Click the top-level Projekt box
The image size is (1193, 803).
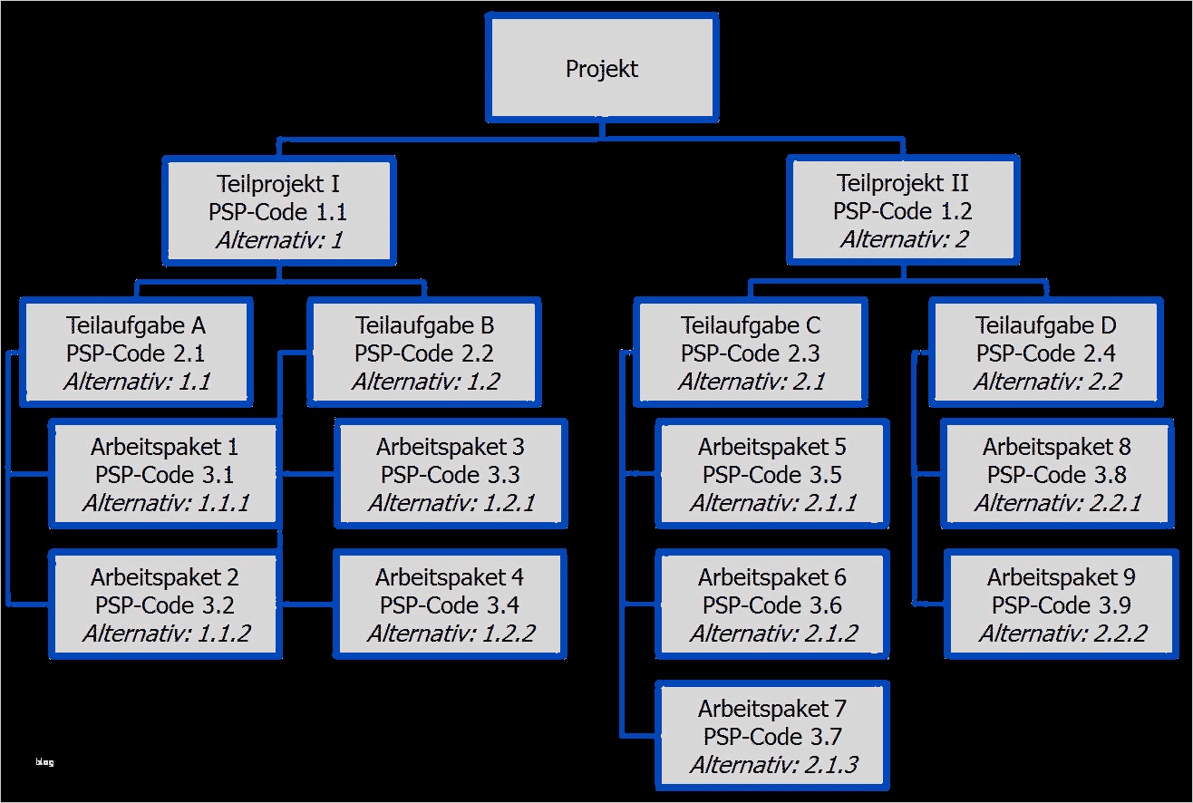coord(602,69)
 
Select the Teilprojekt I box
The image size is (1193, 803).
coord(278,211)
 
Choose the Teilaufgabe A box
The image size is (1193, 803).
coord(136,352)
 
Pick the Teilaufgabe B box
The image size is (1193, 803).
coord(424,352)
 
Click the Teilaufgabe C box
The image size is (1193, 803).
coord(751,352)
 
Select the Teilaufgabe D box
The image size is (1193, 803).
coord(1045,352)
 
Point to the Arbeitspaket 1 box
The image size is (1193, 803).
coord(164,474)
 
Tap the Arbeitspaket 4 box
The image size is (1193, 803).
coord(450,604)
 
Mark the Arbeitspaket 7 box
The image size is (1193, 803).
coord(772,735)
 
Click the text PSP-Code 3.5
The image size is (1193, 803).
coord(772,475)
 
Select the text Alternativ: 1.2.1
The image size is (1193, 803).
coord(450,503)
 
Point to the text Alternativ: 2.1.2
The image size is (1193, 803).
coord(772,634)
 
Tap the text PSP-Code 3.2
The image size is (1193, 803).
coord(164,605)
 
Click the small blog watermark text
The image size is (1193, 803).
coord(44,762)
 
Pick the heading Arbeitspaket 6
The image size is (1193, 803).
coord(772,576)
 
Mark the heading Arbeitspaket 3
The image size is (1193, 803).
coord(450,446)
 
